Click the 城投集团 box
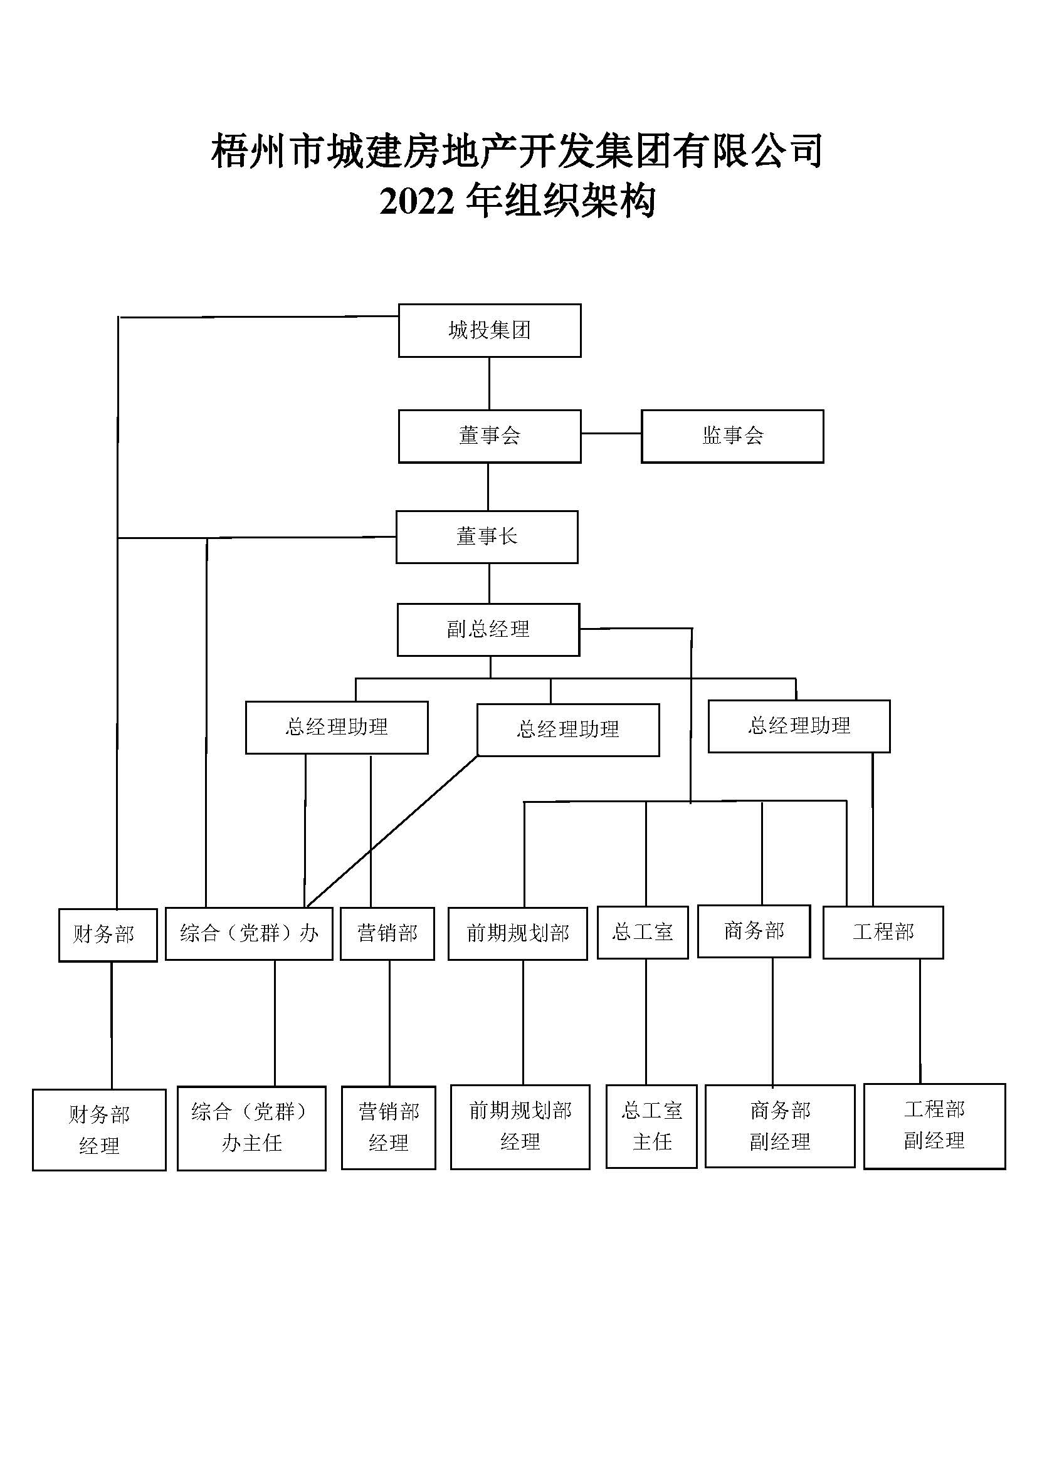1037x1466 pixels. point(489,330)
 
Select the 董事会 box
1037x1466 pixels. point(489,436)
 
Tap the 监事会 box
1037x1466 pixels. point(732,436)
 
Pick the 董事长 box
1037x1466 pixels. point(487,537)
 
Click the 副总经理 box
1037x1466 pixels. point(488,629)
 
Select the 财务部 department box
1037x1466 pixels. point(107,935)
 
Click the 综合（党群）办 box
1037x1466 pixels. point(248,933)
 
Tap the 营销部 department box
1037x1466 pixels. point(387,933)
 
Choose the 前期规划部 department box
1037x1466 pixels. point(517,933)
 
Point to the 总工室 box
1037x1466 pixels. point(643,932)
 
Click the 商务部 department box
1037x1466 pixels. point(754,931)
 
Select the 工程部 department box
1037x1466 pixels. point(883,932)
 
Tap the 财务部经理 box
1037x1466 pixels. point(99,1130)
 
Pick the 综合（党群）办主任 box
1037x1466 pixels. point(251,1128)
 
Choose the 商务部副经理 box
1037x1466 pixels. point(779,1127)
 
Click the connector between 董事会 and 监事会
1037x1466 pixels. point(611,434)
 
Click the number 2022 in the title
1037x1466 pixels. point(417,202)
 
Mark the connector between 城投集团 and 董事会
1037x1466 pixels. point(489,383)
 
